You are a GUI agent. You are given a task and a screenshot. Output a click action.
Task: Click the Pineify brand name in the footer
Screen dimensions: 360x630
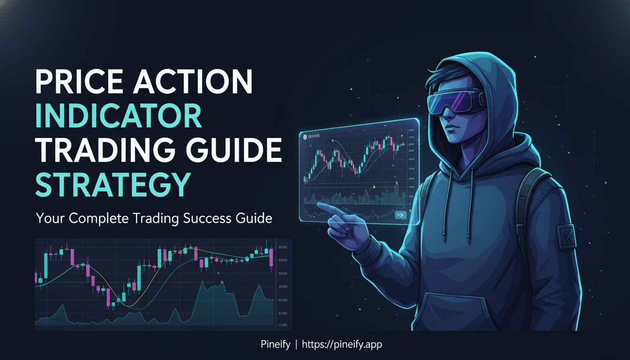click(x=276, y=345)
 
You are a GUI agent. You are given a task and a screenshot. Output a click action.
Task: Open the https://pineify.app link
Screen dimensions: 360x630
click(x=342, y=345)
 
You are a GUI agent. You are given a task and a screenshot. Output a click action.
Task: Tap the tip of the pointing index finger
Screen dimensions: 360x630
click(x=320, y=205)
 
